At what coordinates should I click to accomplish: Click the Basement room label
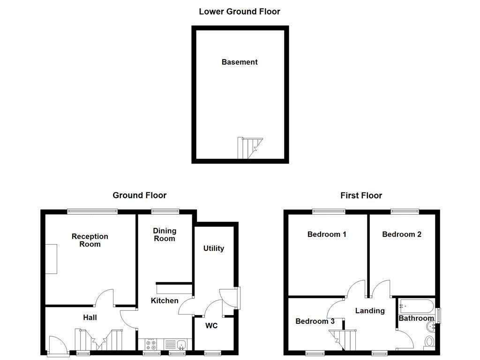point(240,62)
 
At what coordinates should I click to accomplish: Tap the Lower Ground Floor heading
point(240,11)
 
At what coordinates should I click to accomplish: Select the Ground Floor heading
point(139,195)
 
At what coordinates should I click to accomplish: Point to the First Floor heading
point(361,195)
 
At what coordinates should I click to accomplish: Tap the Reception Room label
point(90,240)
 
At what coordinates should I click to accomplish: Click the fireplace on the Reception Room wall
point(51,259)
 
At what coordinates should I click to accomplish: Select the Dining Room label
point(165,234)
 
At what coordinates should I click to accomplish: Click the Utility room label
point(213,248)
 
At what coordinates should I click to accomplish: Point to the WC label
point(211,326)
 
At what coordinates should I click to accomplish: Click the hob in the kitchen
point(152,345)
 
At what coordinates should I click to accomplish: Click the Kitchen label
point(165,300)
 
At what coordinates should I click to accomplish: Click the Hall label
point(90,317)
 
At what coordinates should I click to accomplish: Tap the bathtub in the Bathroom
point(416,307)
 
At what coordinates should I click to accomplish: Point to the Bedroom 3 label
point(315,321)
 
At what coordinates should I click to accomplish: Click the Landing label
point(370,310)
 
